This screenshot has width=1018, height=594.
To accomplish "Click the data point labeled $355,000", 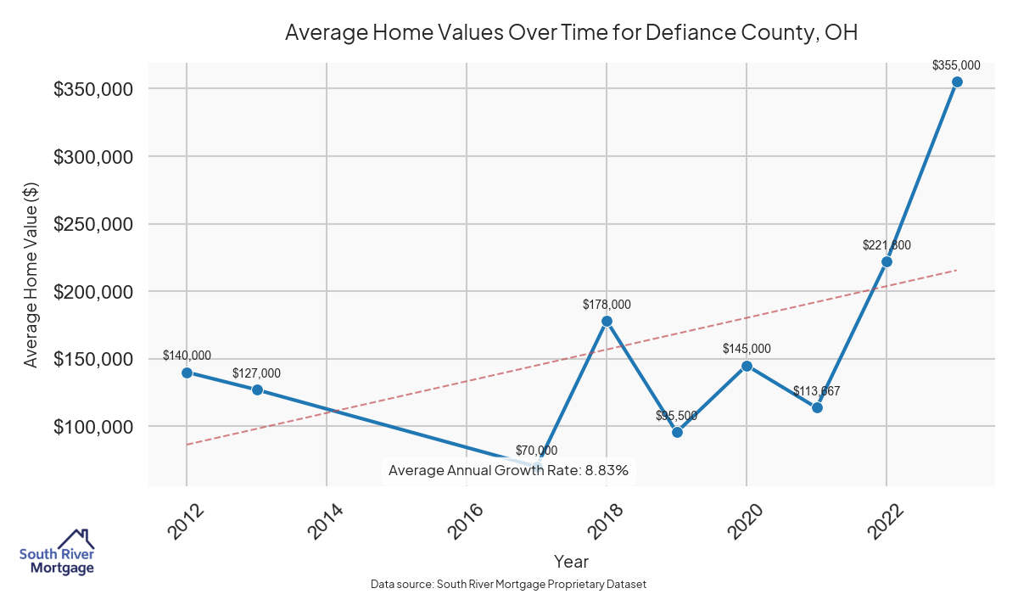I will pos(957,81).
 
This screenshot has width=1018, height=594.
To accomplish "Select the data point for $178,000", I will pos(607,321).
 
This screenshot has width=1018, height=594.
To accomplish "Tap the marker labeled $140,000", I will pos(187,373).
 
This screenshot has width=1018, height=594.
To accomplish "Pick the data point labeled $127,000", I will pos(257,389).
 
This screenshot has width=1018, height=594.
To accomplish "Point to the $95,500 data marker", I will pos(677,432).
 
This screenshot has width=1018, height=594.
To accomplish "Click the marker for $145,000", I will pos(747,366).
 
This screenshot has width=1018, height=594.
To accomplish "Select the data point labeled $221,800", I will pos(887,261).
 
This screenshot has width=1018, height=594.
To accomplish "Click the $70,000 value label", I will pos(537,451).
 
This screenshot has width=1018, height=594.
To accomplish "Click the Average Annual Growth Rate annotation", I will pos(508,470).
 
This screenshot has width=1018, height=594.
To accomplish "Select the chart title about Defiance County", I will pos(571,33).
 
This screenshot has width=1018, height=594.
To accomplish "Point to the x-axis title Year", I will pos(571,561).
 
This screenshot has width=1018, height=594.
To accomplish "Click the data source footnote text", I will pos(509,585).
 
